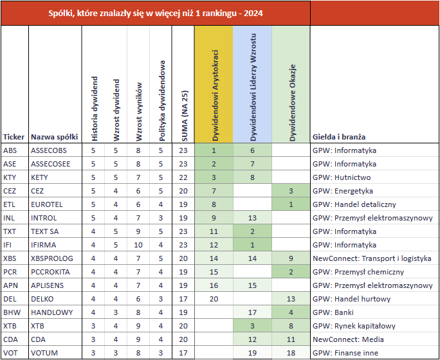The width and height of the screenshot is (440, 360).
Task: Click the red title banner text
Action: coord(156,13)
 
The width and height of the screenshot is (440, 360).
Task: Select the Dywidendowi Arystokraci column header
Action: coord(215,95)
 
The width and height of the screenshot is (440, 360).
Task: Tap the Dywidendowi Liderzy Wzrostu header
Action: coord(253,87)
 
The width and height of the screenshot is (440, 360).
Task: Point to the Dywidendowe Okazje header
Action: coord(293,103)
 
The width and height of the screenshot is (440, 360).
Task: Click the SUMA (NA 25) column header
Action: coord(184,116)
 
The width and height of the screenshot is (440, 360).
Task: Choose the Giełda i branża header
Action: coord(339,137)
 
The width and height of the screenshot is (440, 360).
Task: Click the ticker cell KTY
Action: coord(10,177)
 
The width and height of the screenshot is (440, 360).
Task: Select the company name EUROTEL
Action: coord(46,204)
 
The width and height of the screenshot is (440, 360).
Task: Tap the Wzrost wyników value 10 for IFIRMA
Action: coord(138,245)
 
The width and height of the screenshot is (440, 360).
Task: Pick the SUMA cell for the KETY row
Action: coord(183,177)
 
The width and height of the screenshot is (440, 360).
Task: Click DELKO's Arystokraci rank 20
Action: coord(214,299)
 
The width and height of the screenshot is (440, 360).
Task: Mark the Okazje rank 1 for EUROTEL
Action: coord(291,204)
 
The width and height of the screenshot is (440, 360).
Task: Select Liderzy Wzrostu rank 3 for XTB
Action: coord(252,326)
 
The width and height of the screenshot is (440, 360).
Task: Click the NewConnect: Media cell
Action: coord(348,339)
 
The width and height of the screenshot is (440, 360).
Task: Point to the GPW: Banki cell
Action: coord(333,312)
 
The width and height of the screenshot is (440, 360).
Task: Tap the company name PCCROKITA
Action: coord(50,272)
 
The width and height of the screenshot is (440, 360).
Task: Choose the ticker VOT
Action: coord(10,353)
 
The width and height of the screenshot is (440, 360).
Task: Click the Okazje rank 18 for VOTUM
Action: coord(291,353)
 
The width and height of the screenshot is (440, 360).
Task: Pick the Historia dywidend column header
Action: coord(95,109)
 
